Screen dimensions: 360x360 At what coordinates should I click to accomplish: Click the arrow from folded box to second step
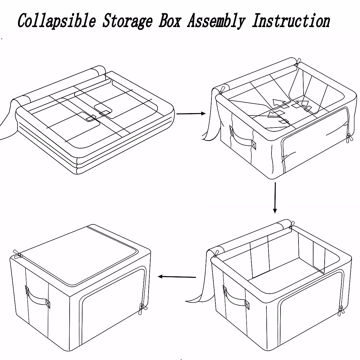coord(191,114)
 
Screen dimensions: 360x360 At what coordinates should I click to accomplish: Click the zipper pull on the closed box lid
coord(19,254)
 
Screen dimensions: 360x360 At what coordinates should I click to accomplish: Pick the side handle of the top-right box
coord(242,139)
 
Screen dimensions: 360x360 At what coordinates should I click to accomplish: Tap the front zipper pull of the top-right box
coord(348,138)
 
